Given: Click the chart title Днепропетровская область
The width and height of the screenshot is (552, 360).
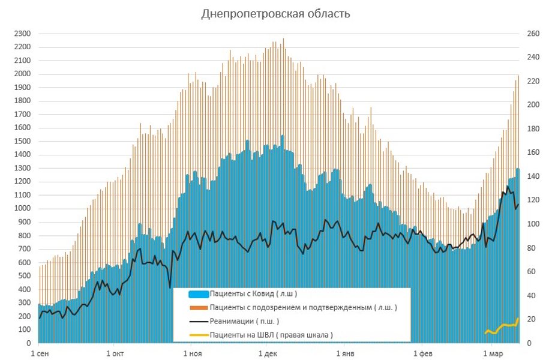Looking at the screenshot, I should coord(275,14).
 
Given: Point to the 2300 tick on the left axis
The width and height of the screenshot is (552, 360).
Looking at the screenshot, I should coord(22,34).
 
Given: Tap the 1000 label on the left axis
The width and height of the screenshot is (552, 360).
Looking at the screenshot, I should coord(22,209).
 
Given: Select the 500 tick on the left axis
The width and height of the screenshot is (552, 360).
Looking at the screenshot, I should coord(23,276).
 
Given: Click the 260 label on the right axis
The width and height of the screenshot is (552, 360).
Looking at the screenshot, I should coord(534,34).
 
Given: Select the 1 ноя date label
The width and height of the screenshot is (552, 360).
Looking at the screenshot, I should coord(192,353).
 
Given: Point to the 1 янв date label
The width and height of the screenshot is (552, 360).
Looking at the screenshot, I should coord(344,353).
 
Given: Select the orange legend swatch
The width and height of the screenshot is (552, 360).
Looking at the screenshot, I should coord(198,308).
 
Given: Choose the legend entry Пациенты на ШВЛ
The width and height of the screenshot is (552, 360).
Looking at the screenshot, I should coord(271,334).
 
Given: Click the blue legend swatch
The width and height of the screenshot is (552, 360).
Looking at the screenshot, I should coord(198,294).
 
